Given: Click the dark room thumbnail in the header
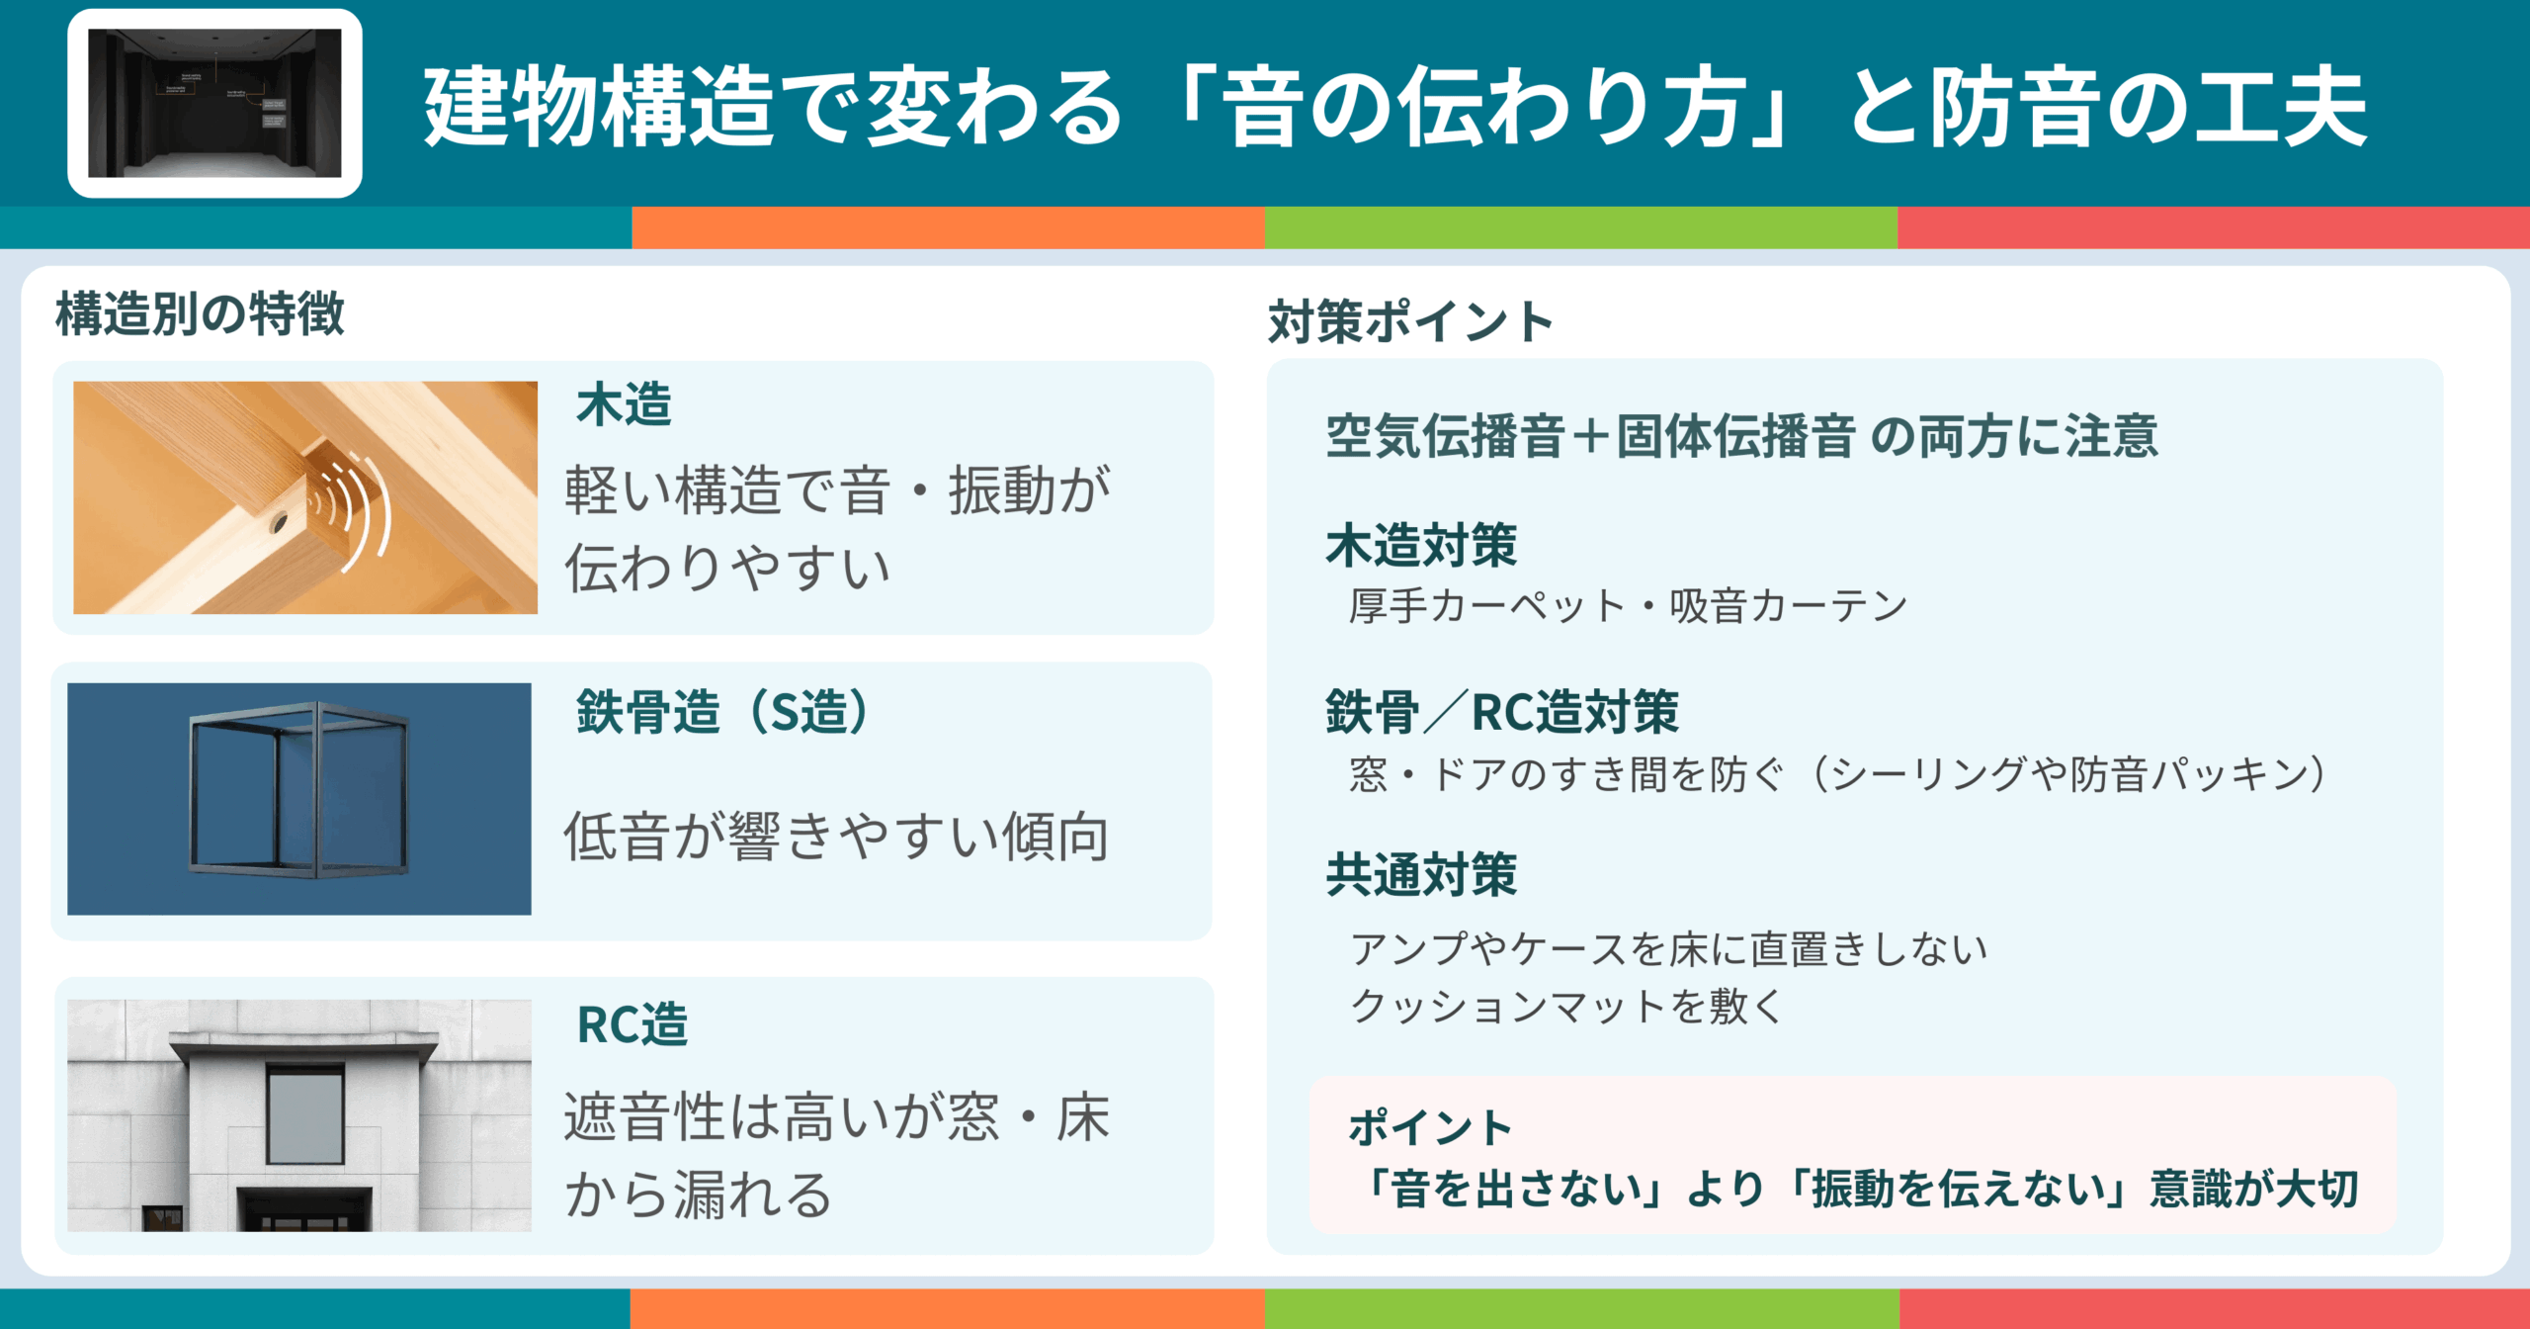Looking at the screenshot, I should point(214,103).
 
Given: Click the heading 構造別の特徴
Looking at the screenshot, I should point(200,314).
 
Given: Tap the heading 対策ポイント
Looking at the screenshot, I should point(1410,322).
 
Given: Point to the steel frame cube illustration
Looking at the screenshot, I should point(298,791).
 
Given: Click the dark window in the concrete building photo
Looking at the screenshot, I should point(305,1114).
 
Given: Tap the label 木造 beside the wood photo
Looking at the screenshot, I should point(624,405).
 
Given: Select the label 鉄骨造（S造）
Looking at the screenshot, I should point(722,712).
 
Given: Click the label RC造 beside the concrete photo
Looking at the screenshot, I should point(632,1024).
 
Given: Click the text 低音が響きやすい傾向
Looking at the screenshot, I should point(836,837).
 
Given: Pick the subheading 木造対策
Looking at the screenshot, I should point(1421,546).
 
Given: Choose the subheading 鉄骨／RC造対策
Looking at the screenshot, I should point(1502,712).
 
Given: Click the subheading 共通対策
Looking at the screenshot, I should point(1421,875).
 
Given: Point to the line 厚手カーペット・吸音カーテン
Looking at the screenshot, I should point(1628,606).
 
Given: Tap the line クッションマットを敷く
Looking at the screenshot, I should point(1566,1007).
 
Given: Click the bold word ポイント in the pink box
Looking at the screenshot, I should point(1430,1128).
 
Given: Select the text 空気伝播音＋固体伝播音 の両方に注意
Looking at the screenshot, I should point(1741,436).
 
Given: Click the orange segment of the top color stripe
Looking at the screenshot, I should point(948,227).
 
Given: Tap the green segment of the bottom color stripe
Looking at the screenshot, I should point(1581,1308).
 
